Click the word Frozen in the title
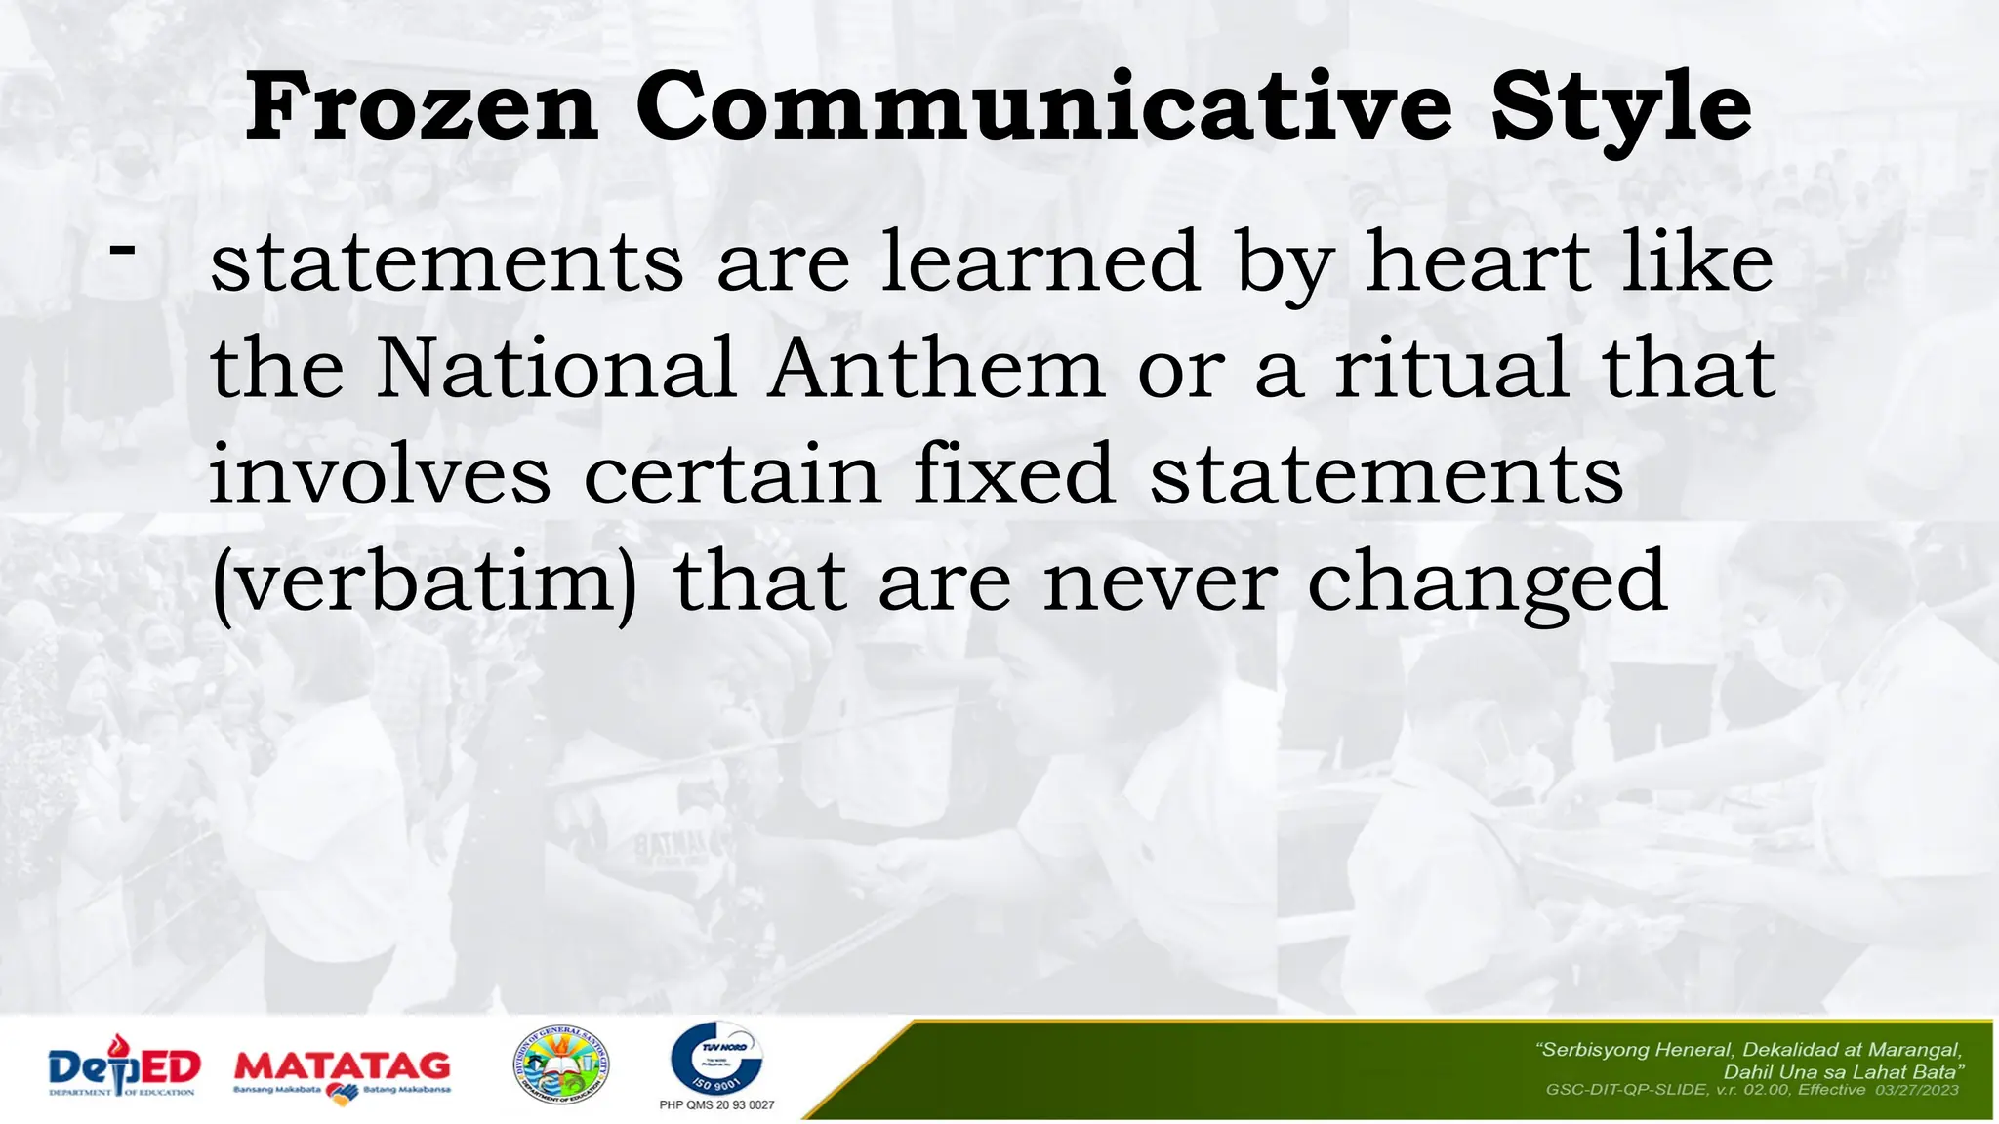click(x=421, y=107)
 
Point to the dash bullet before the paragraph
click(x=123, y=249)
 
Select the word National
click(x=556, y=368)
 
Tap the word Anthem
click(x=935, y=368)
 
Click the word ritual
click(x=1451, y=368)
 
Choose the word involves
click(x=381, y=474)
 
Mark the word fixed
click(x=1014, y=474)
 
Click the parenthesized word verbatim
click(x=425, y=583)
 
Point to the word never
click(x=1160, y=582)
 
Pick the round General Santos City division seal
click(x=561, y=1065)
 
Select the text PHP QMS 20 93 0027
click(x=716, y=1105)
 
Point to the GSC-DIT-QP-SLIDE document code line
click(x=1752, y=1090)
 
